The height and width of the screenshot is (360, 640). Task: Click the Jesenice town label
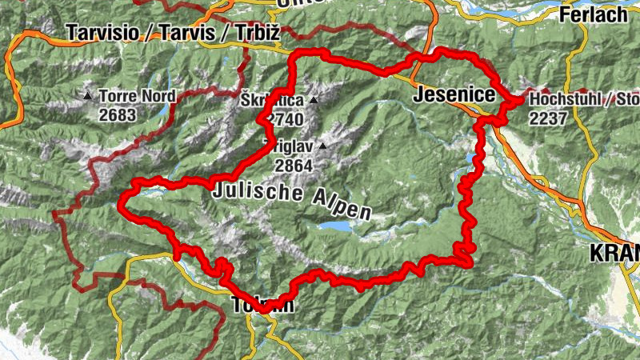(x=454, y=95)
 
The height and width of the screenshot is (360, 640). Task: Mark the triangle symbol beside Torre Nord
(x=88, y=96)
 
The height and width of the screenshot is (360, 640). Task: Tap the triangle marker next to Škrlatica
(x=314, y=101)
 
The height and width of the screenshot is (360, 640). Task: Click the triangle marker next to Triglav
(x=322, y=146)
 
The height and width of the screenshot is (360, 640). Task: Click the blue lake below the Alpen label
(x=334, y=227)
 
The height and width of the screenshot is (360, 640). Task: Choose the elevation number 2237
(x=547, y=118)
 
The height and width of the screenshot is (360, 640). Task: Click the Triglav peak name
(x=289, y=146)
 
